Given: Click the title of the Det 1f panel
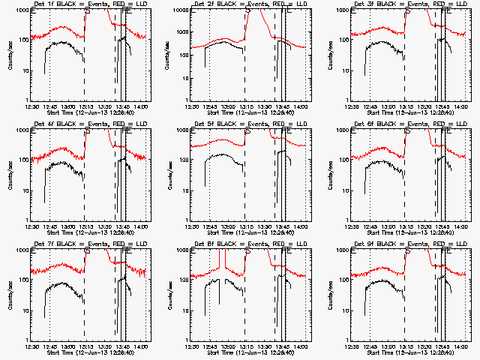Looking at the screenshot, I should coord(89,4).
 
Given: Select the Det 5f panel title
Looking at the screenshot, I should coord(250,124).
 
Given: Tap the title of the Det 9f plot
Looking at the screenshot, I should coord(409,244).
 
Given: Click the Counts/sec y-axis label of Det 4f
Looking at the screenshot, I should coord(10,175).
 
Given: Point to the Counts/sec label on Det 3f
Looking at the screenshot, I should coord(329,55).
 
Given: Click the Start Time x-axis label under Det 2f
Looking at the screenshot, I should coord(250,113).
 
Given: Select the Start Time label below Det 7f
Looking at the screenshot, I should coord(89,353).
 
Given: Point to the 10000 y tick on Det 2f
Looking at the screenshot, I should coord(181,10).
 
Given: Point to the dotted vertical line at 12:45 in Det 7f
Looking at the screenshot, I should coord(49,300).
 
